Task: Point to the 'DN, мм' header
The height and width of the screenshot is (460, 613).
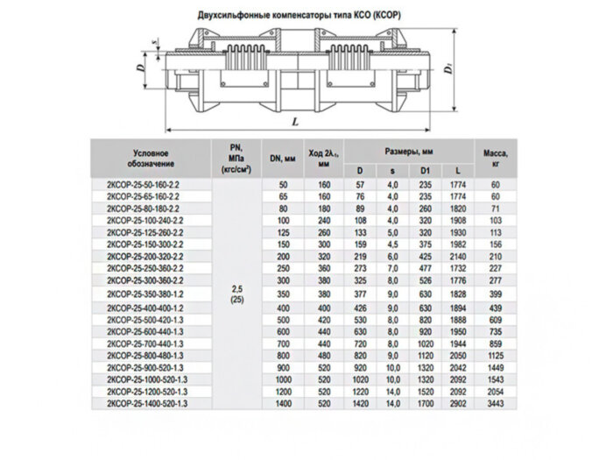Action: (282, 157)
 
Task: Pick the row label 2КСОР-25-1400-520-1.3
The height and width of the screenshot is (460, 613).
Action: (149, 402)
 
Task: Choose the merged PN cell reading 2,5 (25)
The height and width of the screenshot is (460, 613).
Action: (236, 294)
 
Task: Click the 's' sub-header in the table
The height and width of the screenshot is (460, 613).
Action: (392, 168)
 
